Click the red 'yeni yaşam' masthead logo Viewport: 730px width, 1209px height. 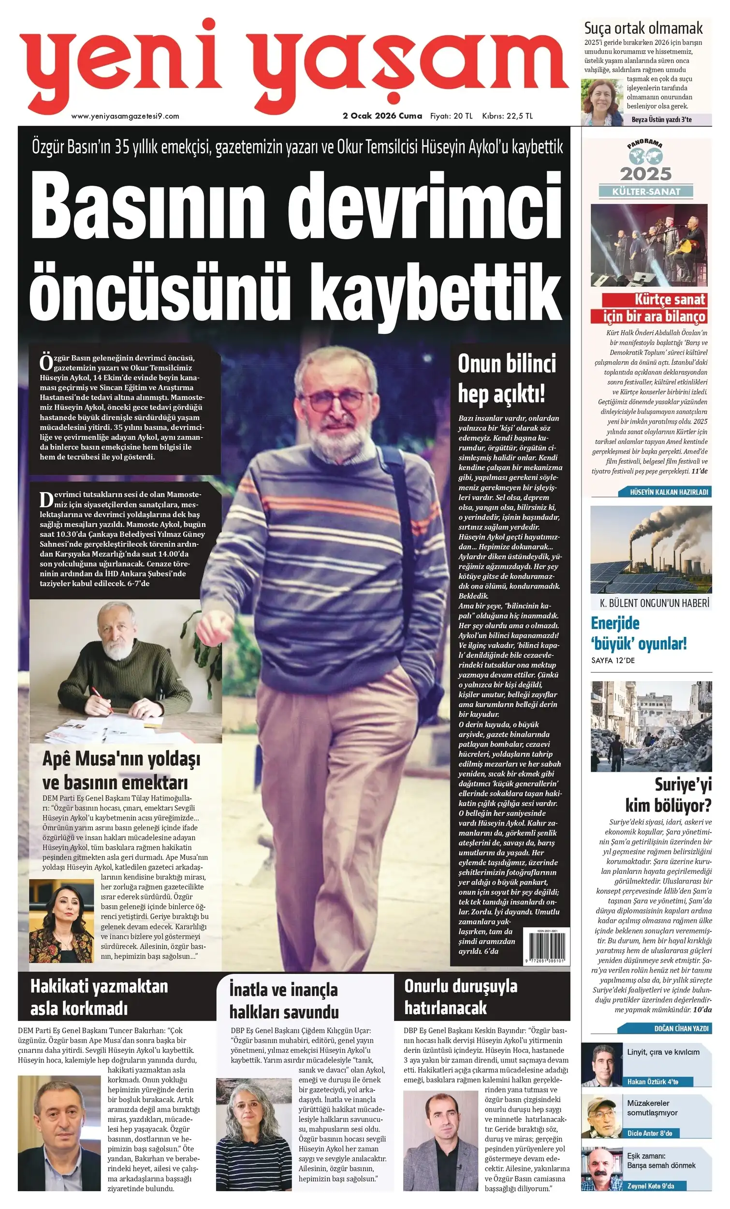pyautogui.click(x=294, y=66)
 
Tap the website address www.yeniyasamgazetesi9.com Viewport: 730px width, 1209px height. pyautogui.click(x=125, y=116)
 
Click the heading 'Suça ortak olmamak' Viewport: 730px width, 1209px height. pyautogui.click(x=643, y=28)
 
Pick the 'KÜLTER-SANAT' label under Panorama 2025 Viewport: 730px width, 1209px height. pyautogui.click(x=645, y=192)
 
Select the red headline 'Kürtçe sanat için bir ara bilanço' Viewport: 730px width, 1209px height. pyautogui.click(x=655, y=308)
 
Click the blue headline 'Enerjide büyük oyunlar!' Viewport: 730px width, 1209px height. pyautogui.click(x=638, y=634)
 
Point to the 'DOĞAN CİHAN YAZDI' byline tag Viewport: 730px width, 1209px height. pyautogui.click(x=681, y=1028)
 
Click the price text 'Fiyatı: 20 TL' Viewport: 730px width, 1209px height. pyautogui.click(x=451, y=116)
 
